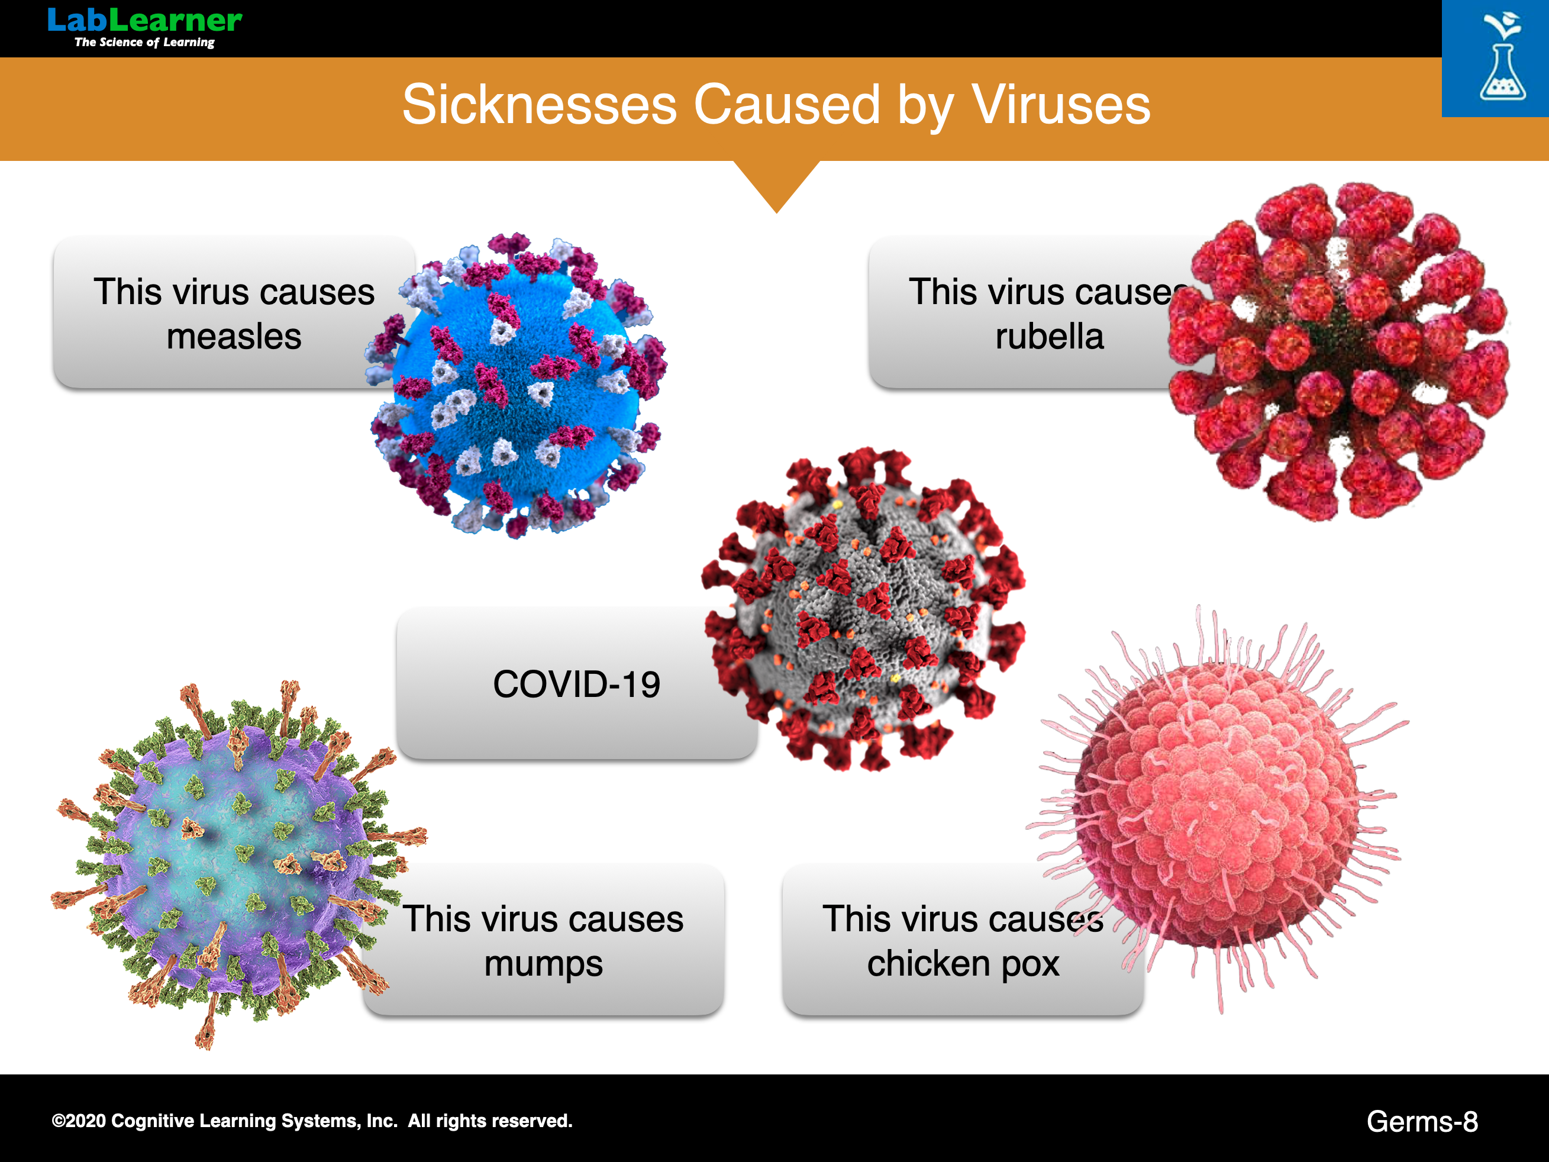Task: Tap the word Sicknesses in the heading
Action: (x=539, y=105)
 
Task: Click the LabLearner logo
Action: (x=145, y=27)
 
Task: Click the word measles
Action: (x=234, y=336)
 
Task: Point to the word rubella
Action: (x=1050, y=336)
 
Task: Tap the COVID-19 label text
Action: (x=576, y=685)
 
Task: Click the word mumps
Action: (x=543, y=964)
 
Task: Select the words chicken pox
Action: (x=963, y=964)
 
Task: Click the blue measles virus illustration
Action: (x=517, y=385)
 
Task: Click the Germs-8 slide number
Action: (x=1422, y=1121)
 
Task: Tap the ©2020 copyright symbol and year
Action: (x=79, y=1121)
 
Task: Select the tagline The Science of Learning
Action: (x=144, y=42)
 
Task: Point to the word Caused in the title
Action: (x=786, y=105)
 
